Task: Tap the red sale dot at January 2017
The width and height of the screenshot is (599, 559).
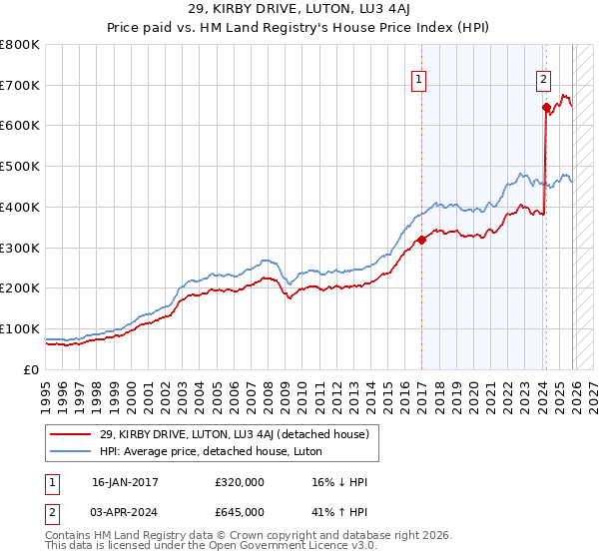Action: [421, 239]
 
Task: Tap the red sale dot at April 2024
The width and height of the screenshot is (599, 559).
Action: [546, 107]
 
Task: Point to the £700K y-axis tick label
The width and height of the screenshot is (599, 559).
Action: [20, 85]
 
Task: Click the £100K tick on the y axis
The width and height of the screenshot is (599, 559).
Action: [20, 328]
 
